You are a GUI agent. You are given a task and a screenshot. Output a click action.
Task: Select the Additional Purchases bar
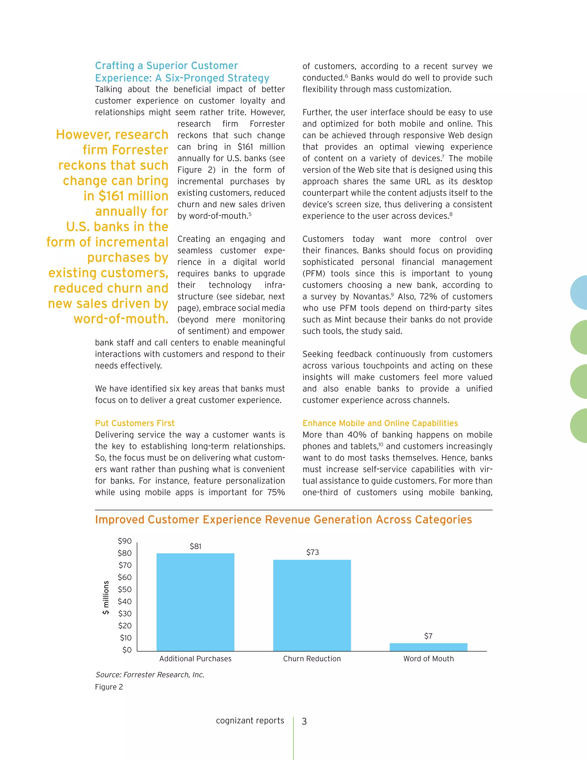[x=195, y=602]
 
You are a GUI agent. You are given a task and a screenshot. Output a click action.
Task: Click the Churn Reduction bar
[x=312, y=605]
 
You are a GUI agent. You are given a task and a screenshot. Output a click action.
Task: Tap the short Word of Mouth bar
[x=428, y=647]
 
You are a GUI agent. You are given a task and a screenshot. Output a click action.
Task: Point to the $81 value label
[x=195, y=546]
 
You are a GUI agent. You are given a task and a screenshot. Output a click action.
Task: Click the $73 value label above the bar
[x=312, y=552]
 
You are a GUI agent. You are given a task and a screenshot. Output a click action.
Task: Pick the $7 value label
[x=428, y=636]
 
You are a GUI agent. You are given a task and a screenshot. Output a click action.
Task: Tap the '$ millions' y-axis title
[x=106, y=597]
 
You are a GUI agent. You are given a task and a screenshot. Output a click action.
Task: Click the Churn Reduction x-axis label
[x=312, y=659]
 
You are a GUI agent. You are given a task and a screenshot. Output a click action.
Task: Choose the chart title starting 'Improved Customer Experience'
[x=283, y=520]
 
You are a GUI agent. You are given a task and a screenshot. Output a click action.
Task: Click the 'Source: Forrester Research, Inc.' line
[x=150, y=675]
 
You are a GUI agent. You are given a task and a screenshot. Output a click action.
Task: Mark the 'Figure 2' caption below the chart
[x=109, y=687]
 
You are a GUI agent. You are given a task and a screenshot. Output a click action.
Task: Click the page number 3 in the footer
[x=304, y=721]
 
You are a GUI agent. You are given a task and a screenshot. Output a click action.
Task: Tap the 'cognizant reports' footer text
[x=250, y=720]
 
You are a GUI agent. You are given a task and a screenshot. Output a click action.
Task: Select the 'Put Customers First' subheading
[x=135, y=423]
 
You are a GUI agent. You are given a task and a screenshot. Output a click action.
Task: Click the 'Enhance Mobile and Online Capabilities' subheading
[x=380, y=423]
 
